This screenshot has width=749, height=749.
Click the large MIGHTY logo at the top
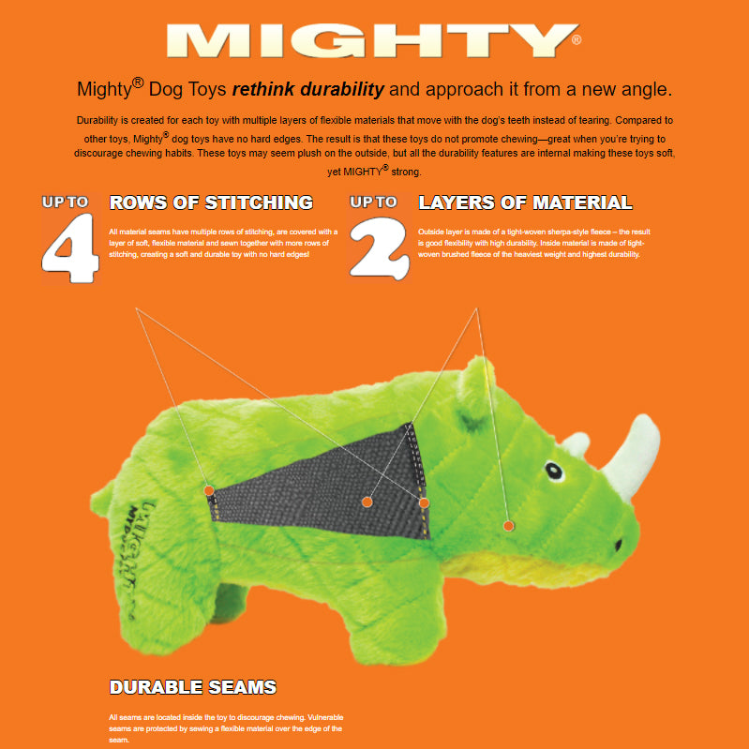pos(373,40)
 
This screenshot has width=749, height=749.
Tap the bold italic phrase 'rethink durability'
pos(307,90)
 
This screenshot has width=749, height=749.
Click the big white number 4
pos(71,247)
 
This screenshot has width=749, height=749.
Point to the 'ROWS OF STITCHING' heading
pos(211,202)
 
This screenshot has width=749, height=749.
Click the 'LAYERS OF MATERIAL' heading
pos(525,202)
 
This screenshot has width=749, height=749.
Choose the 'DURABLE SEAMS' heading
pos(193,687)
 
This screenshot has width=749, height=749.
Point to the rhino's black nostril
pos(618,543)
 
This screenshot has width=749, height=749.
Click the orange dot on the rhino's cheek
pos(508,526)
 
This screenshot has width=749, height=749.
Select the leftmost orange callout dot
pos(208,489)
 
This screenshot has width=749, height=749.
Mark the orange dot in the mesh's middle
pos(367,502)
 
